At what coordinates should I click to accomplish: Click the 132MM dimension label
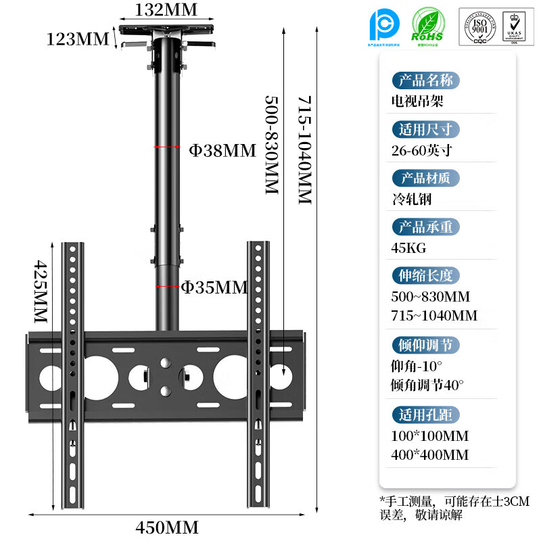(x=166, y=9)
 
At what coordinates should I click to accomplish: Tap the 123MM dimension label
(x=78, y=39)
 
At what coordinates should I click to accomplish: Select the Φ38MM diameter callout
(x=222, y=150)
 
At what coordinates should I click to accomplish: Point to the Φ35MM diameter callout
(x=214, y=287)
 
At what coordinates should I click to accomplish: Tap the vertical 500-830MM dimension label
(x=270, y=145)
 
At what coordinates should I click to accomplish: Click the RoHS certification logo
(x=428, y=28)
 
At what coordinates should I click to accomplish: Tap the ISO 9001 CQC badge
(x=479, y=27)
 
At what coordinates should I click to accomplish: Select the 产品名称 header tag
(x=425, y=80)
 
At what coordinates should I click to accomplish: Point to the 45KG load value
(x=408, y=248)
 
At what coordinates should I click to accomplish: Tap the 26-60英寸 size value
(x=421, y=150)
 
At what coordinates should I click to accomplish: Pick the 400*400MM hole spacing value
(x=429, y=454)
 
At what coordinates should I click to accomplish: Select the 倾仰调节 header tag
(x=425, y=346)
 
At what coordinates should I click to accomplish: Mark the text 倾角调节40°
(x=427, y=385)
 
